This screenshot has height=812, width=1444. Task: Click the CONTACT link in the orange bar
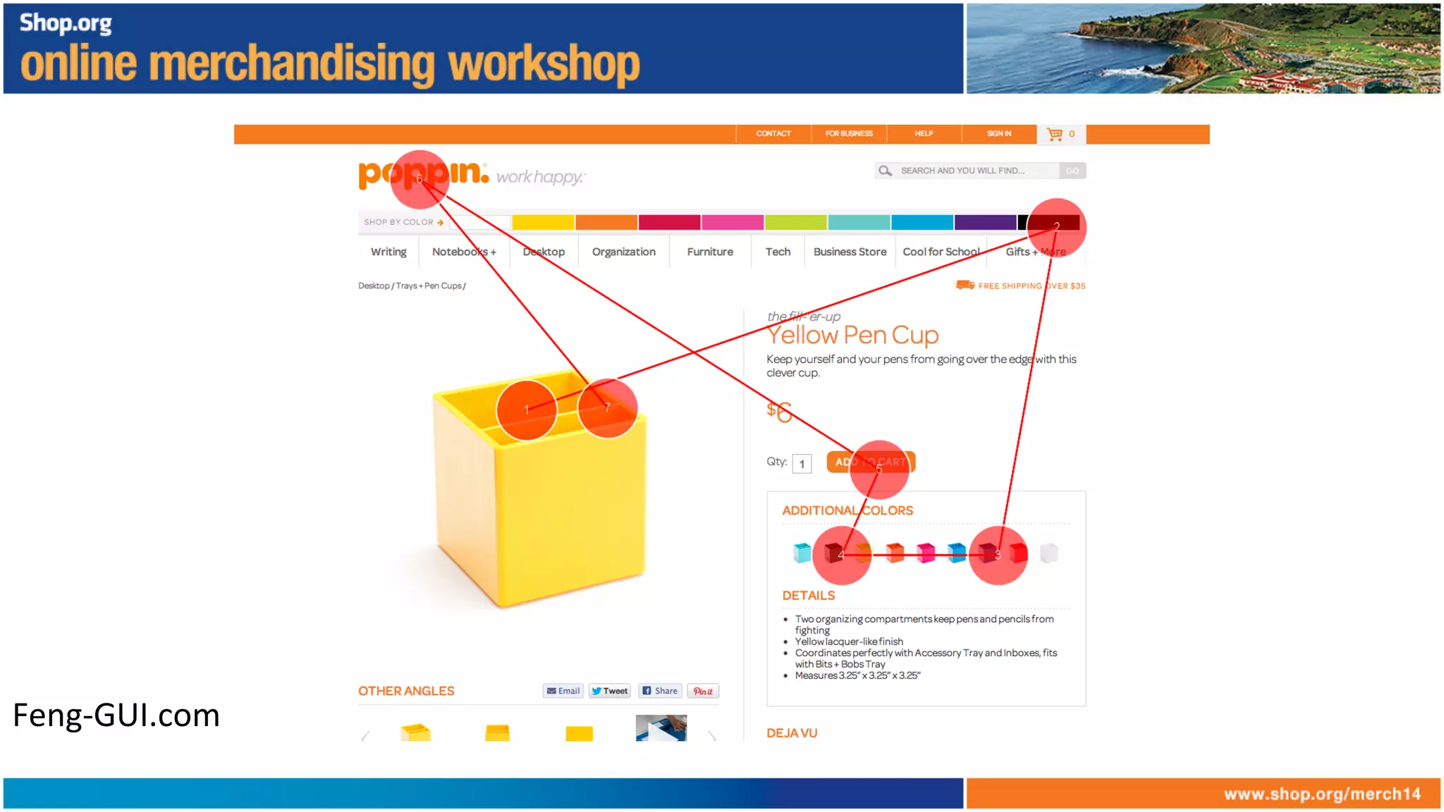(773, 134)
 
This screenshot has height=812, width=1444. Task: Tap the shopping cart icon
(1055, 134)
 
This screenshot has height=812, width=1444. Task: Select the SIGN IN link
(998, 134)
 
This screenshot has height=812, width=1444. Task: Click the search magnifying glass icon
(885, 171)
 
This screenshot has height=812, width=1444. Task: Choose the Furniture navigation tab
(710, 252)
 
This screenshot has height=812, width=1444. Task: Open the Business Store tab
(850, 252)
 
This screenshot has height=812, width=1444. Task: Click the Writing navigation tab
(388, 252)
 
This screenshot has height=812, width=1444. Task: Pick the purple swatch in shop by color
(985, 223)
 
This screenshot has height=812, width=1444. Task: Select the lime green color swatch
(795, 223)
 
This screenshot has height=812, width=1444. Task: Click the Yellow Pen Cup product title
(852, 336)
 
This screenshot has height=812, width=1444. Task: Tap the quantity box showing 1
(802, 464)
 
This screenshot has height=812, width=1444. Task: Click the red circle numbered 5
(879, 469)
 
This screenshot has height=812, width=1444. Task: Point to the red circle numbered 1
(526, 410)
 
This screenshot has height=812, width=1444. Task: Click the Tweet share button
(610, 691)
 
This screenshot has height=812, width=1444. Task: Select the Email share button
(563, 691)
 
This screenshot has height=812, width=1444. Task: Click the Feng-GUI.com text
(116, 715)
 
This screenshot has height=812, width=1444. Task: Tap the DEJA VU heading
(792, 733)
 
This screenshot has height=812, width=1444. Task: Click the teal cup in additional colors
(802, 553)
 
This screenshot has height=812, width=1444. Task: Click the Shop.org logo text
(66, 23)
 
